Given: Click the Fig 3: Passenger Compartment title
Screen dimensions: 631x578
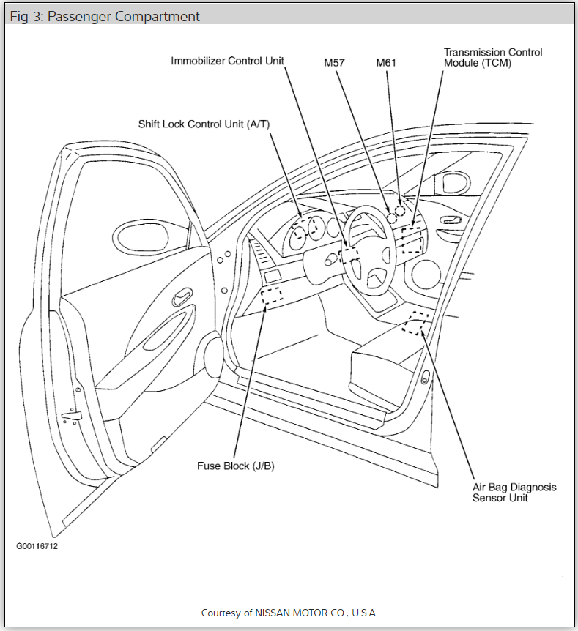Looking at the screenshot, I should pos(105,16).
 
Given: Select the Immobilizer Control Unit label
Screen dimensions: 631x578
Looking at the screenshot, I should pos(227,61).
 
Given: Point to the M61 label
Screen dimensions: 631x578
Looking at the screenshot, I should pos(386,63).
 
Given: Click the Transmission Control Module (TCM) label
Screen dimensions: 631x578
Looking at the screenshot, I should pos(493,58).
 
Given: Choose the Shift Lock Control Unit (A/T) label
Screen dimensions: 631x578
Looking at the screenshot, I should pos(204,124).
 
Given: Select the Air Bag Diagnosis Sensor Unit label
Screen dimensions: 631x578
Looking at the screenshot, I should pos(514,492).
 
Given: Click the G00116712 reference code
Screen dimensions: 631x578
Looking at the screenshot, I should pos(37,546).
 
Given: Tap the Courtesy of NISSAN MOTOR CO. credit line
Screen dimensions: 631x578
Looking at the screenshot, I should pos(289,612).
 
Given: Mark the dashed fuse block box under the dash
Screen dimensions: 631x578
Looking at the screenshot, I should pos(272,296).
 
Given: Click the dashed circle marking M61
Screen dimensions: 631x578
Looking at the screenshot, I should pos(399,211).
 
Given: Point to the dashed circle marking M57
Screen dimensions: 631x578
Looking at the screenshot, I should pos(392,218).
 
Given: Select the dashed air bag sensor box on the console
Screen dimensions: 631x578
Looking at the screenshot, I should pos(415,323).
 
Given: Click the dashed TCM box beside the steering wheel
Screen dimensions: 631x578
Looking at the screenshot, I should pos(412,241).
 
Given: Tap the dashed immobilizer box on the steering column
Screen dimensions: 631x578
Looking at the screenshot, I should pos(349,254).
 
